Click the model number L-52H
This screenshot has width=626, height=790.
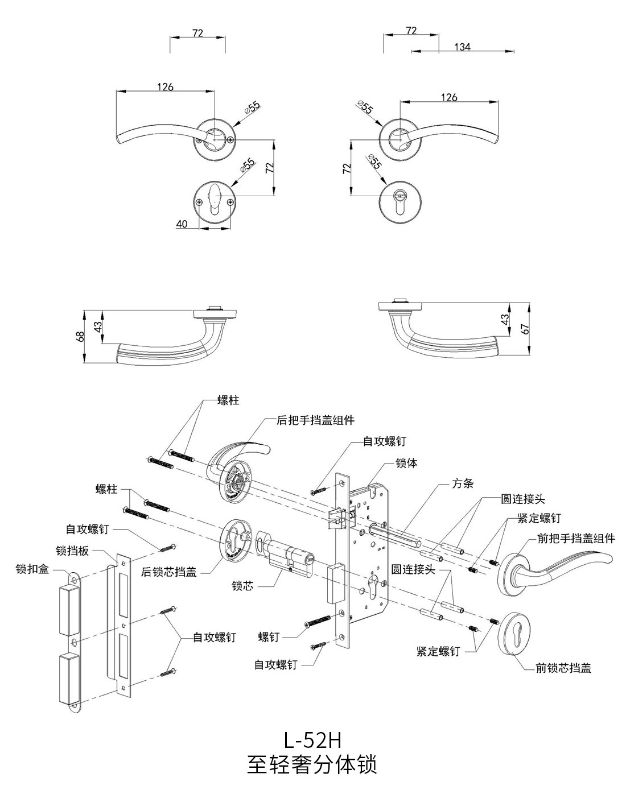click(x=312, y=740)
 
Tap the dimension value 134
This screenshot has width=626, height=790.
click(x=462, y=47)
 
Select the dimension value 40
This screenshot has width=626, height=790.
click(x=182, y=224)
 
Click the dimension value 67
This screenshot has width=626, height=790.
click(x=525, y=329)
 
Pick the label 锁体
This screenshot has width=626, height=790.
click(x=406, y=463)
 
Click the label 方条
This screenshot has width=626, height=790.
click(x=463, y=483)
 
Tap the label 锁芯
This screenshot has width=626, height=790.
click(x=242, y=585)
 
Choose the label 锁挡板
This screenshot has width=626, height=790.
click(x=71, y=551)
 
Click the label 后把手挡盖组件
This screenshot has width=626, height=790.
click(x=315, y=420)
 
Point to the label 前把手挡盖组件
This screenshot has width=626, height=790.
click(x=576, y=538)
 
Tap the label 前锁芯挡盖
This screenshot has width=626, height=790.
click(x=563, y=668)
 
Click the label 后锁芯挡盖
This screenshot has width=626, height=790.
click(x=168, y=572)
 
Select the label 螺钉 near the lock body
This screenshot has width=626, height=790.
click(x=269, y=636)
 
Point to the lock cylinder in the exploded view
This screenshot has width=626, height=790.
click(x=287, y=557)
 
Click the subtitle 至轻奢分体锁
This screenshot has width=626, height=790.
click(x=312, y=764)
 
